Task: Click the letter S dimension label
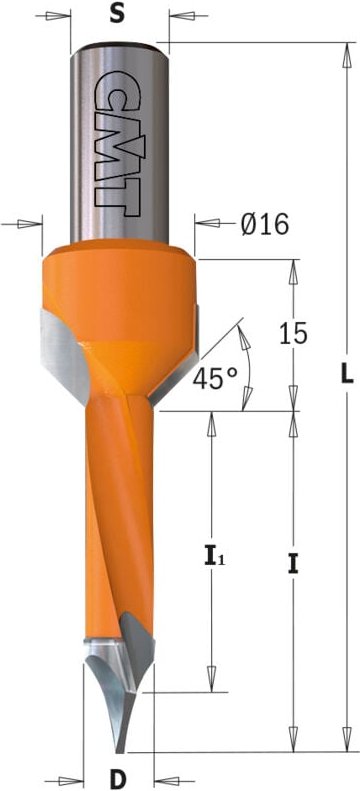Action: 117,15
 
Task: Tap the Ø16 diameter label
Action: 265,223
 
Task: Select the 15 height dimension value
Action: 292,333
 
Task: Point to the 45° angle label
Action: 214,378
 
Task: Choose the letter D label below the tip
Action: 118,780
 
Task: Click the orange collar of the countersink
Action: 119,298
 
